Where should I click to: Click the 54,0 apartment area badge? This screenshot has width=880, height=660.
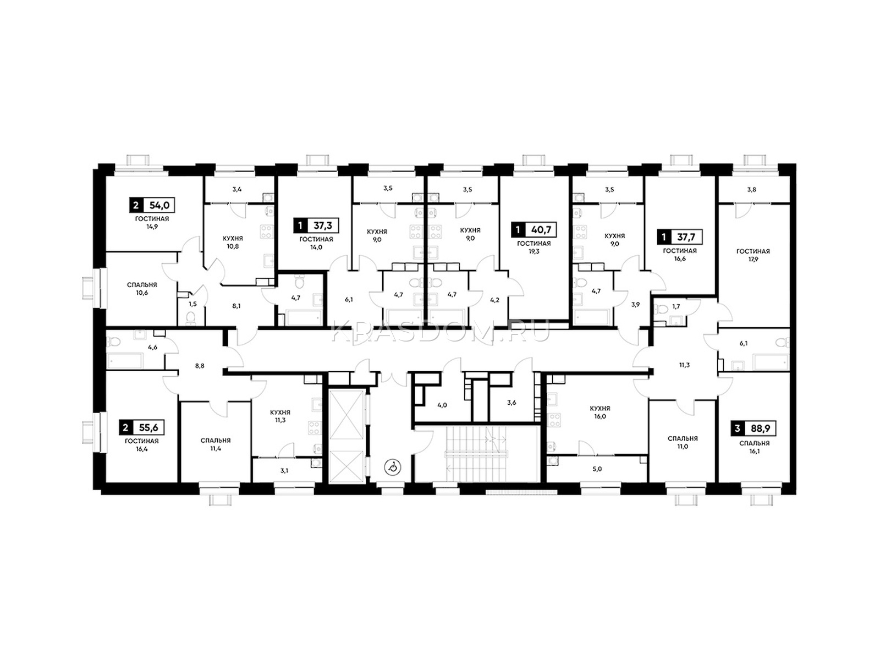coord(152,206)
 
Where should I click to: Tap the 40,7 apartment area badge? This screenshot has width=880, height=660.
coord(534,230)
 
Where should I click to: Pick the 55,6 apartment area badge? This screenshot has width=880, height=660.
coord(142,428)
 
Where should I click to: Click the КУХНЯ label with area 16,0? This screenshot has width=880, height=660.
coord(599,408)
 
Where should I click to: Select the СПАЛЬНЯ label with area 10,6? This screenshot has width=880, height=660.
coord(142,285)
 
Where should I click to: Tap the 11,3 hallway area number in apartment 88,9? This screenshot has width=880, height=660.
coord(684,365)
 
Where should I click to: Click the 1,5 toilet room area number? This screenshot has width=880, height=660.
coord(193,304)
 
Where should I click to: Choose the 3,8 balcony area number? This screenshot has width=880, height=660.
coord(752,190)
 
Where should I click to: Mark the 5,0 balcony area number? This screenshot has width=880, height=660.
coord(597,469)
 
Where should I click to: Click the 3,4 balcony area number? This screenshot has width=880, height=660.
coord(237,189)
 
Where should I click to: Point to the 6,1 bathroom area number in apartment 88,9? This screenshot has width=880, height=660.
coord(743,343)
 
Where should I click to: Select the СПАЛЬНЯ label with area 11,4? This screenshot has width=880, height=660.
coord(216,441)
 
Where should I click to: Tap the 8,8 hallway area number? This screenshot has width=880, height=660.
coord(200,365)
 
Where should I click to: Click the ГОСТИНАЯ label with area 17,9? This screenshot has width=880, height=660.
coord(753,251)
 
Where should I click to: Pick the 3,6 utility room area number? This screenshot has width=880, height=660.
coord(512,403)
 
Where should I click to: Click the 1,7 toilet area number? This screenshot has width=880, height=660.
coord(676,307)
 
